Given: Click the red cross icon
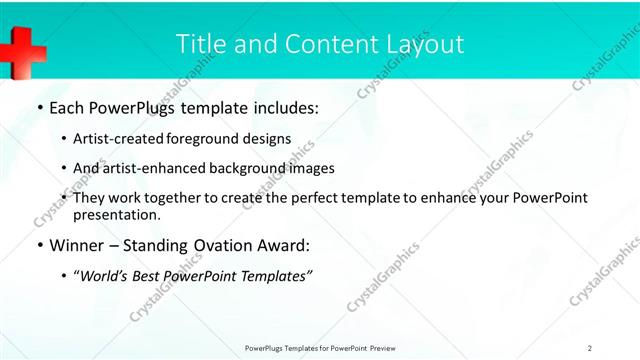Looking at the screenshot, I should coord(22,48).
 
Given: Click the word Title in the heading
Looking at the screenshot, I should coord(200,44).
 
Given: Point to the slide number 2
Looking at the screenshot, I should coord(590,347).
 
